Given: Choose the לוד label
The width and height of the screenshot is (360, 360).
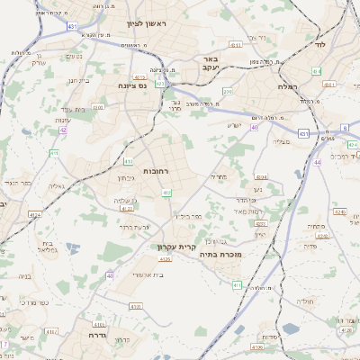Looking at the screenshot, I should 319,43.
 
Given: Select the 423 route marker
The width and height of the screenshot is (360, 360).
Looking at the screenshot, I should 159,84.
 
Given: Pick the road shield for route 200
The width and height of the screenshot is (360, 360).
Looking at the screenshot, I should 228,91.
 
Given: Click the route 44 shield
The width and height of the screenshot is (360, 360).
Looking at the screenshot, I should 317,162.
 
